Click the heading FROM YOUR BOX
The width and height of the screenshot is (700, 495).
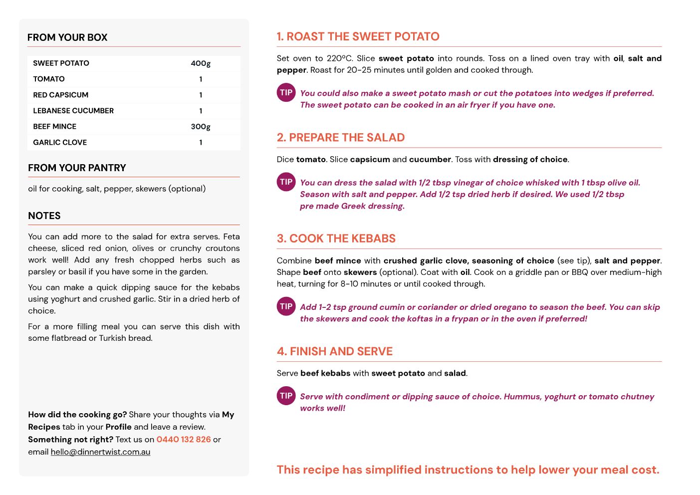tap(67, 37)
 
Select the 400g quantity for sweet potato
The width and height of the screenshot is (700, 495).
tap(201, 63)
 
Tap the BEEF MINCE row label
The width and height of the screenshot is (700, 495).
tap(55, 127)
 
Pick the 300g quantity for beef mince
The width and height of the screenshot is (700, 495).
tap(201, 127)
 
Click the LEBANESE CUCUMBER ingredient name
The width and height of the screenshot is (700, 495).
tap(73, 111)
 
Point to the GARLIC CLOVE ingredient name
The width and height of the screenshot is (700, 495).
tap(60, 143)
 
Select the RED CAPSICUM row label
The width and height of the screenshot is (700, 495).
tap(61, 95)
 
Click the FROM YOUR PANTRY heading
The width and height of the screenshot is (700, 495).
tap(77, 168)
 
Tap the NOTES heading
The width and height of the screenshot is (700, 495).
tap(44, 216)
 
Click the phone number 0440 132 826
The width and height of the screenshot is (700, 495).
tap(184, 440)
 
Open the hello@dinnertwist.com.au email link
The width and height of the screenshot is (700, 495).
tap(100, 452)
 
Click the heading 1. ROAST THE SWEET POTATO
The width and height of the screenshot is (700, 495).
tap(358, 36)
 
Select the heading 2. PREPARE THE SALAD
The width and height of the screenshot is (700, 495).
tap(341, 138)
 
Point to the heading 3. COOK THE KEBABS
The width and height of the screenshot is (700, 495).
tap(336, 239)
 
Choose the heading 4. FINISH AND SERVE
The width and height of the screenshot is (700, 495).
tap(335, 352)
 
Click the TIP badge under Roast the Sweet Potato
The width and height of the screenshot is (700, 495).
tap(286, 93)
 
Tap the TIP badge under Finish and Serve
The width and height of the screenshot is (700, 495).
tap(286, 396)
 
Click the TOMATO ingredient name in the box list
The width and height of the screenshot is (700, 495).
tap(49, 79)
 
